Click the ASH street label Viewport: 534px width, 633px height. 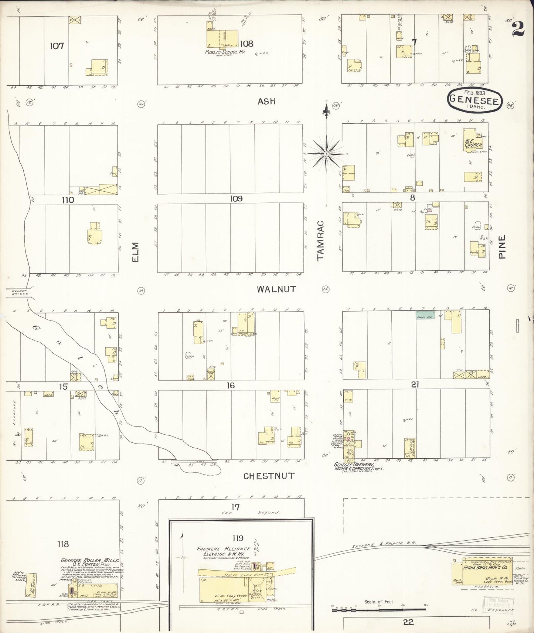point(266,101)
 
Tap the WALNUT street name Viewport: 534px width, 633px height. point(276,289)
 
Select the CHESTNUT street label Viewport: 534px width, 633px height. point(269,476)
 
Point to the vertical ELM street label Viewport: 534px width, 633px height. point(135,252)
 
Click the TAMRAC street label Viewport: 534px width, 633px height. point(320,240)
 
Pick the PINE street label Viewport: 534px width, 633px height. point(502,247)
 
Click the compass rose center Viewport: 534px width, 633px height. point(326,153)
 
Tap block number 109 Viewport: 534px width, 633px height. point(236,199)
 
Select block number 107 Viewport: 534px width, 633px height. point(57,46)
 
